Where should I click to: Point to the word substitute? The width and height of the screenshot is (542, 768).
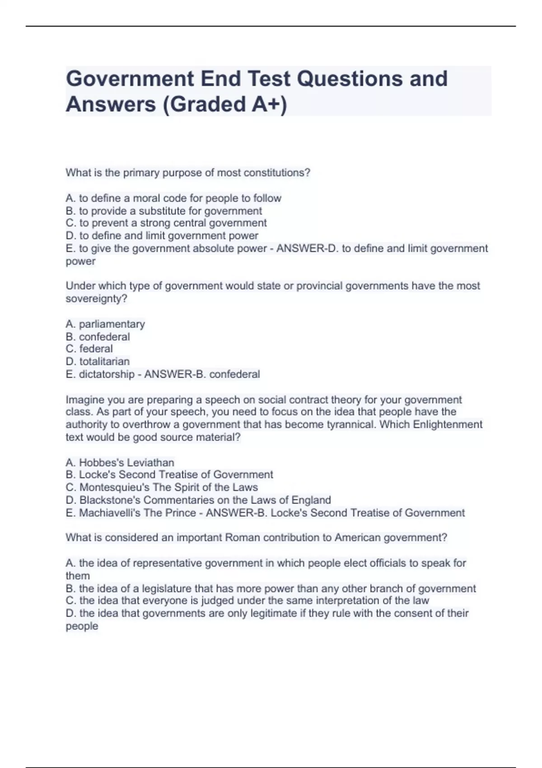[x=162, y=211]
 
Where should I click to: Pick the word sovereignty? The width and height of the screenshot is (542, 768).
[x=96, y=299]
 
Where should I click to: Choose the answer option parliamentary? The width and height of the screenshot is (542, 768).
[x=112, y=324]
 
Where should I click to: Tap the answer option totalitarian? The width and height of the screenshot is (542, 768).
[x=104, y=361]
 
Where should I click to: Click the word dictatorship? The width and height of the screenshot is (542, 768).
[x=107, y=374]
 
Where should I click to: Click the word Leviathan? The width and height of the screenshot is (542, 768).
[x=151, y=463]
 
